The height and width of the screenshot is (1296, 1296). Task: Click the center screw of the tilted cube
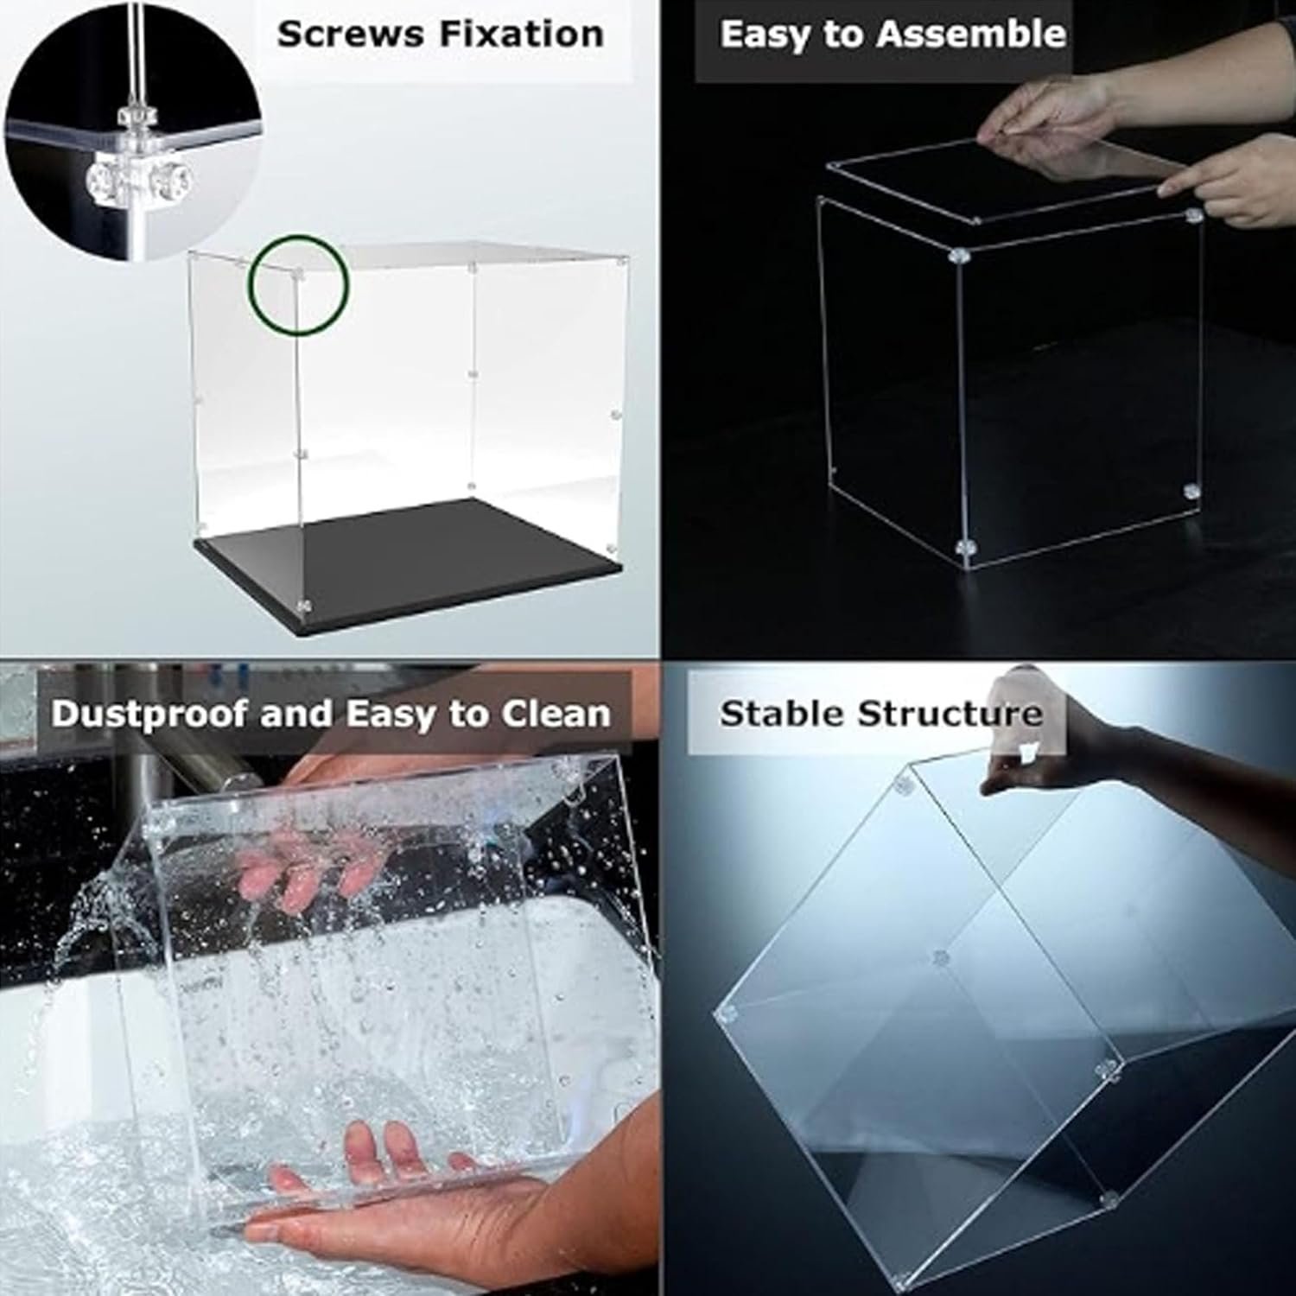point(941,957)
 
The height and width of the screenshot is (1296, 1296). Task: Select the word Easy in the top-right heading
point(765,35)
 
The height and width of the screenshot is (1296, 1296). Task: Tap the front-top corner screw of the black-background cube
point(958,256)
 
